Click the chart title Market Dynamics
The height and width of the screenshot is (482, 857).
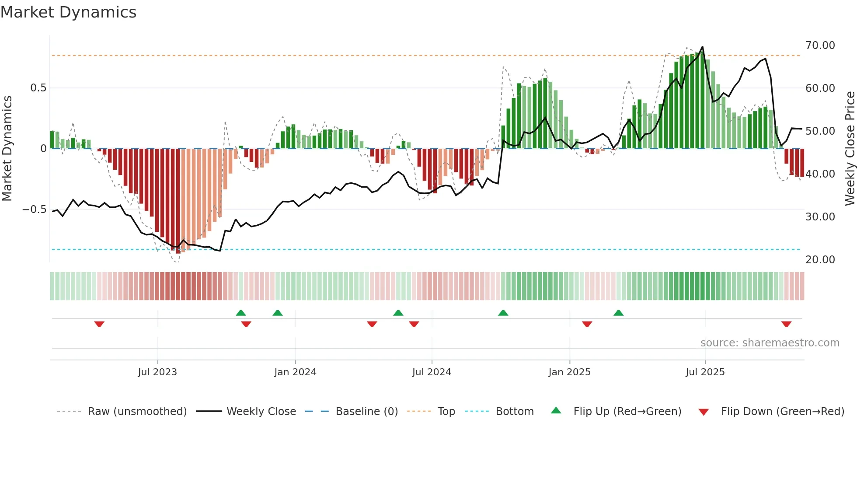point(68,12)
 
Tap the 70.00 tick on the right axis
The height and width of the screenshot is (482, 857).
point(820,45)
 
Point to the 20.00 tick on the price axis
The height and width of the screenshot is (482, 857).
point(820,260)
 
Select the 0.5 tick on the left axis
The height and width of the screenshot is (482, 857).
point(38,88)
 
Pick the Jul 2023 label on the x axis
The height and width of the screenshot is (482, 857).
point(157,372)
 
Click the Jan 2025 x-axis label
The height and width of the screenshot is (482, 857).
point(569,372)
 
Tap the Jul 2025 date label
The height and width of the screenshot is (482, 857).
point(705,372)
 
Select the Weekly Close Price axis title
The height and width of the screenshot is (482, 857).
point(850,149)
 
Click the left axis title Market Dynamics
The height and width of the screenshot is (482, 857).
point(7,149)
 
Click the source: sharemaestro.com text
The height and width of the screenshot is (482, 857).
point(770,343)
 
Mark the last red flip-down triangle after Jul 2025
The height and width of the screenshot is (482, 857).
point(786,324)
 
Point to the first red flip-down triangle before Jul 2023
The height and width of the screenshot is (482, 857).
point(99,324)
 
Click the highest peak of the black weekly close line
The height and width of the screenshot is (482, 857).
point(702,47)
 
